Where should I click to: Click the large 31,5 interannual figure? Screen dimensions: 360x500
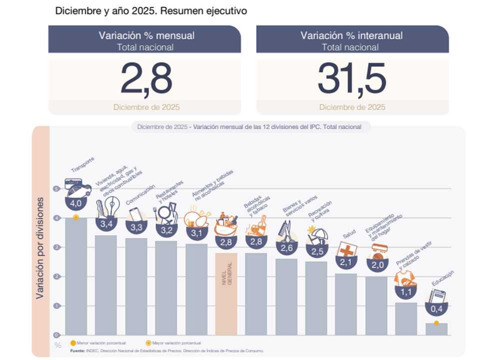352,78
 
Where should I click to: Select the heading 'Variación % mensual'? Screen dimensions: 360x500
146,35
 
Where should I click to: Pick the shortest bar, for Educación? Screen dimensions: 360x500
436,329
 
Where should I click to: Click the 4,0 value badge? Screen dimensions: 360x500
75,203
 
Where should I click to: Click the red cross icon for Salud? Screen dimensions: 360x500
346,249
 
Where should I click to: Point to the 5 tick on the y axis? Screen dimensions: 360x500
57,189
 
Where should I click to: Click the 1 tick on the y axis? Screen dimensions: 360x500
57,305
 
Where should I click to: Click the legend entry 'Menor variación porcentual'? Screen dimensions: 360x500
95,343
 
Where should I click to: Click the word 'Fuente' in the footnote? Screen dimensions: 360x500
77,350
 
